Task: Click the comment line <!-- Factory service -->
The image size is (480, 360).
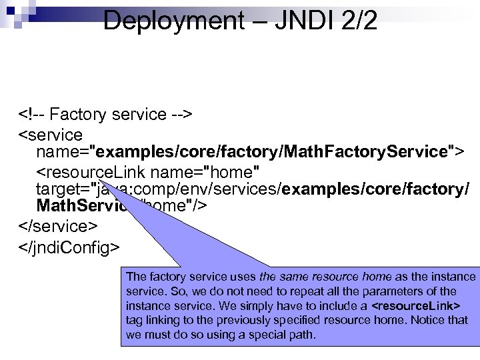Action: [x=106, y=115]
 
